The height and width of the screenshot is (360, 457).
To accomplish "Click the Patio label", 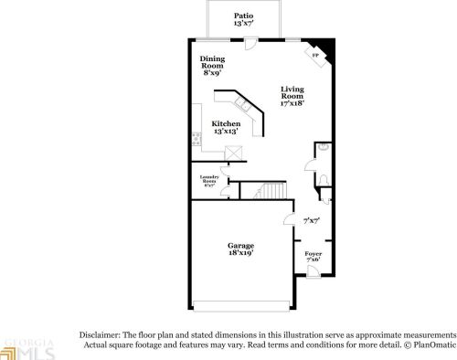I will [x=243, y=16].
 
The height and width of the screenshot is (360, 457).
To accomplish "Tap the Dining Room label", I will [x=212, y=62].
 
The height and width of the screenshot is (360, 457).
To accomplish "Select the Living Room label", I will [x=292, y=92].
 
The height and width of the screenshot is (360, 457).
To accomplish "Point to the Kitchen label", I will [x=226, y=123].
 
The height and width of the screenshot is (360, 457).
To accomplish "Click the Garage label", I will [x=240, y=246].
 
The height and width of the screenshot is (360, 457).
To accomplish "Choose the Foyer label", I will [x=313, y=253].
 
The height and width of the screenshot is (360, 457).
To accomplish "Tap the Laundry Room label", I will [x=209, y=180].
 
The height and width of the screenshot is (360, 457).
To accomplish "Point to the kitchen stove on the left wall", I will [x=197, y=140].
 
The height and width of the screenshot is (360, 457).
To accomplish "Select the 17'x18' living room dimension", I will [x=292, y=102].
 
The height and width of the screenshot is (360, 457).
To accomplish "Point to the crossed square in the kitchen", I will [x=233, y=154].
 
